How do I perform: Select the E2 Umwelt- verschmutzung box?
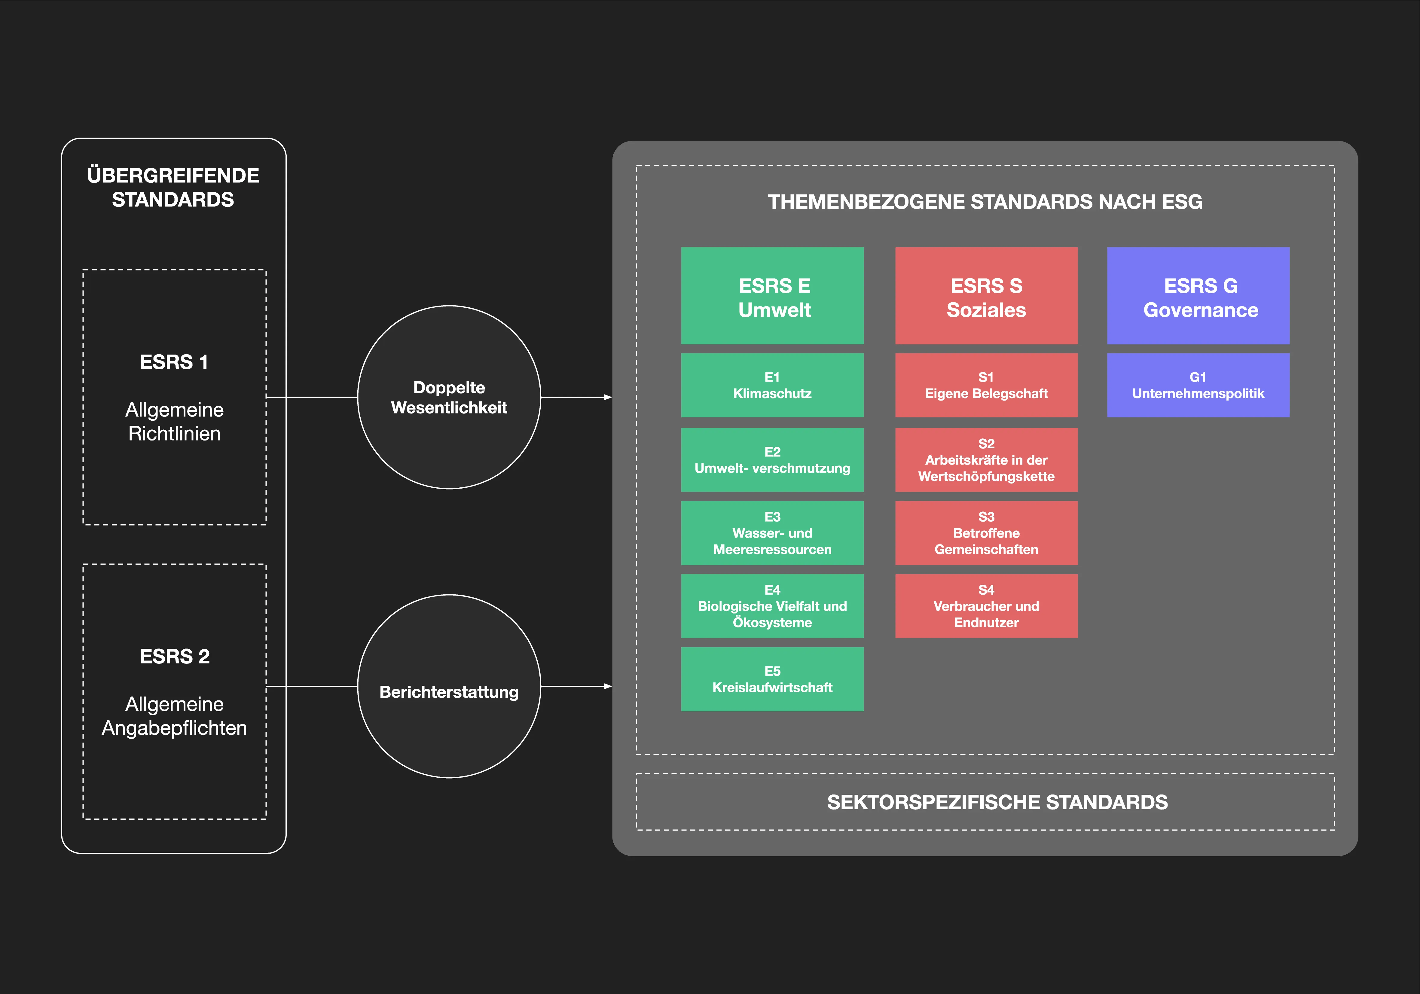772,459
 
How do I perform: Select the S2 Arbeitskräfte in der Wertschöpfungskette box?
986,459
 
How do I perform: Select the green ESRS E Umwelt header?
772,296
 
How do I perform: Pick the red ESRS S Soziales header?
986,296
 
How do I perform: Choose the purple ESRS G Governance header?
1198,296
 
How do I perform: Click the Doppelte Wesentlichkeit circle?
449,397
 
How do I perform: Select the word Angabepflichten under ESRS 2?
174,728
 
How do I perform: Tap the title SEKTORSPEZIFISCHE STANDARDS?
997,802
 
